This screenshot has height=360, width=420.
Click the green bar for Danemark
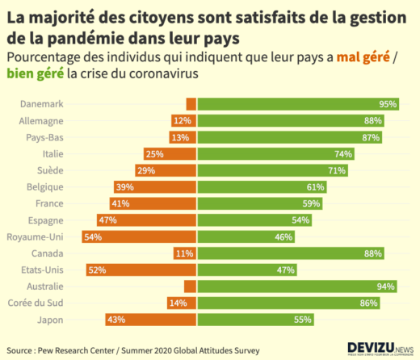(x=299, y=104)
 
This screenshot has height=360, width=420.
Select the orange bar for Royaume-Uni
(x=139, y=237)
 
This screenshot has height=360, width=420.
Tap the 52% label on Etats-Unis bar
(x=97, y=270)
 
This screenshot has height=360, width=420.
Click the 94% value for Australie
(x=385, y=287)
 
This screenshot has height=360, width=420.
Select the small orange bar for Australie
(x=190, y=287)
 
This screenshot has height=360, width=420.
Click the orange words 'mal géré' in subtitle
(x=359, y=57)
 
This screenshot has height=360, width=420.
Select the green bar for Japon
(x=255, y=320)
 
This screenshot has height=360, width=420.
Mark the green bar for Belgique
(x=262, y=187)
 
